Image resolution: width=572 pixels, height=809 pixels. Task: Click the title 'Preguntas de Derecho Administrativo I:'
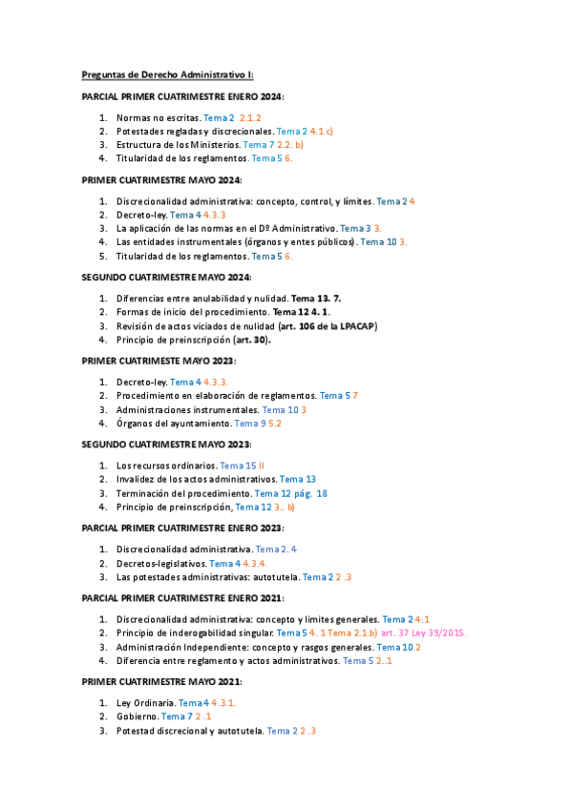[167, 75]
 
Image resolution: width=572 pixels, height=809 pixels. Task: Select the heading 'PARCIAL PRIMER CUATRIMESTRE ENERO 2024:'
[182, 97]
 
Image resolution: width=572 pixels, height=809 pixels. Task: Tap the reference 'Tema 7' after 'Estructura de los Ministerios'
[259, 145]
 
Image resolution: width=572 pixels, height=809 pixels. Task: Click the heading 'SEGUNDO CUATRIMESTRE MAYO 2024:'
[166, 277]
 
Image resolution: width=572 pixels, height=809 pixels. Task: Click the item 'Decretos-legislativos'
[161, 564]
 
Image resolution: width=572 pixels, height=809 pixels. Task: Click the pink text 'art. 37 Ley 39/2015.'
[422, 633]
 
